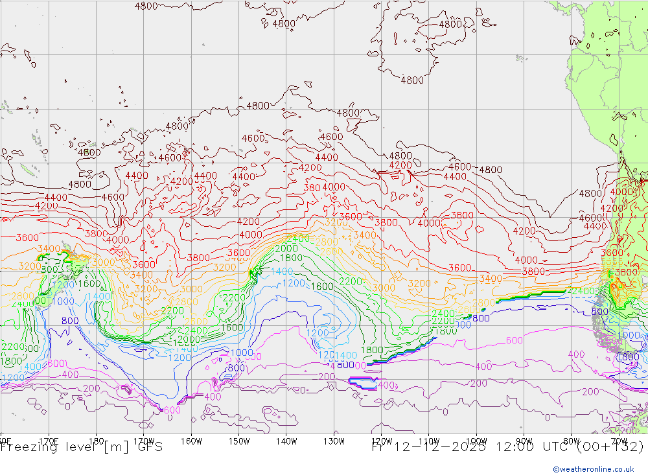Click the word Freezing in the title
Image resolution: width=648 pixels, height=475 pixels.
[x=29, y=447]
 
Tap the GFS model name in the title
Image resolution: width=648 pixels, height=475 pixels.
[x=150, y=447]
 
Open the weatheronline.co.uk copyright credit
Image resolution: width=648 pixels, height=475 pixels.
[x=593, y=469]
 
